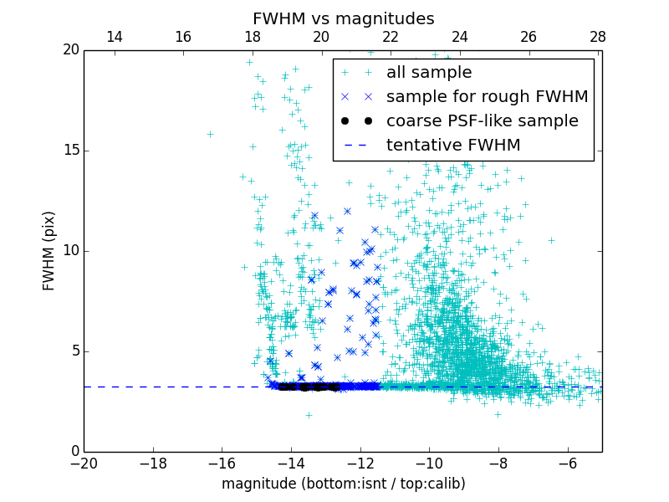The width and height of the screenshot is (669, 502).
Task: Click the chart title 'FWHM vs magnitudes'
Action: (x=343, y=18)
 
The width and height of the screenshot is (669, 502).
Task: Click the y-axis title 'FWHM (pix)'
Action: (x=49, y=250)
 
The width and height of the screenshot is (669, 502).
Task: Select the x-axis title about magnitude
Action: (x=343, y=484)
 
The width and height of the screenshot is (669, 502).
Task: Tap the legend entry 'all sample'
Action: (x=428, y=73)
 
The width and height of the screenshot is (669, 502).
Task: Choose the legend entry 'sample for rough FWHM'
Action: (x=487, y=96)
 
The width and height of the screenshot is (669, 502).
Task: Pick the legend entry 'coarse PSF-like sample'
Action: (x=482, y=120)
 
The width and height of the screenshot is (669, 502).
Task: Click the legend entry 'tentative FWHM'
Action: (x=452, y=145)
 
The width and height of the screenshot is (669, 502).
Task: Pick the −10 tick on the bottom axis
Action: (x=429, y=464)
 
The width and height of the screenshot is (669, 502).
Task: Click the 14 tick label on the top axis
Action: (x=115, y=37)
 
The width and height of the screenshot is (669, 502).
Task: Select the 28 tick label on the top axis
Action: (x=597, y=37)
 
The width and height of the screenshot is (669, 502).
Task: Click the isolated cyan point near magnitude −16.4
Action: (x=210, y=134)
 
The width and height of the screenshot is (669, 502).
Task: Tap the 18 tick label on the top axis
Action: (x=253, y=37)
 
